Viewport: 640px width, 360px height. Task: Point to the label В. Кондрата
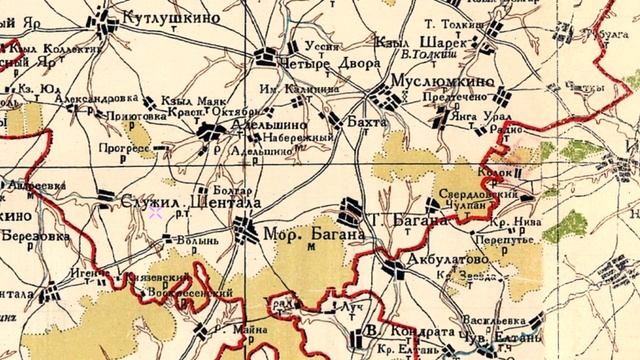pos(402,333)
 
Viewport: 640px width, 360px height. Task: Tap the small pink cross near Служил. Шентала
pos(155,211)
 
